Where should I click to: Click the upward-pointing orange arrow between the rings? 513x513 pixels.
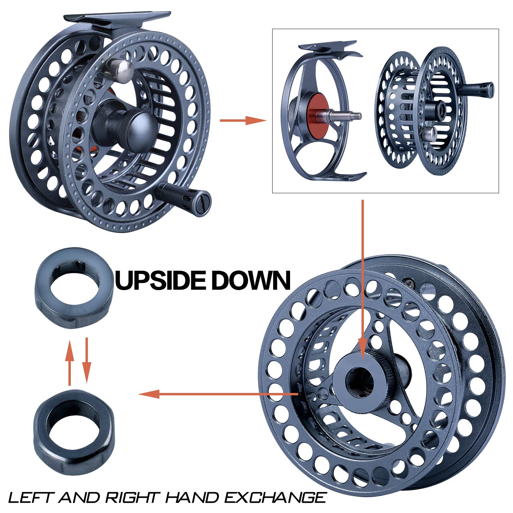pyautogui.click(x=69, y=363)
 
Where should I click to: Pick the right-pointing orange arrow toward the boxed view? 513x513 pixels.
pyautogui.click(x=243, y=120)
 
